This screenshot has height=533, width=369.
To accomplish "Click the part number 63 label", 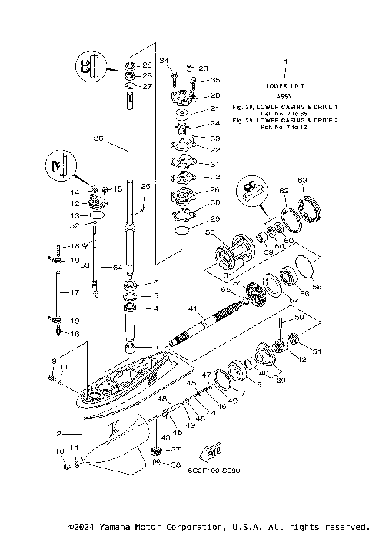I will pos(302,181).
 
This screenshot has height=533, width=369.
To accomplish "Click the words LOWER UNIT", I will pos(285,86).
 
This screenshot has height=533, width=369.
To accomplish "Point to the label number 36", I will pos(98,138).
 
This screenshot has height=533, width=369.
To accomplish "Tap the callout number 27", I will pos(148,86).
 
